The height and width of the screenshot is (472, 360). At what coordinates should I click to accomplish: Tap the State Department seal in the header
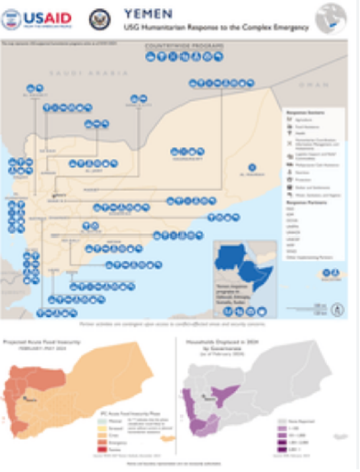click(x=100, y=19)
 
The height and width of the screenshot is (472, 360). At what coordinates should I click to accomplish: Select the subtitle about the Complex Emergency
click(x=215, y=28)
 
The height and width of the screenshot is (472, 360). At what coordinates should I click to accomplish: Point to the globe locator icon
click(x=331, y=18)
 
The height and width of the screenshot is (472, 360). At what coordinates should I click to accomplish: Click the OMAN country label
click(x=318, y=86)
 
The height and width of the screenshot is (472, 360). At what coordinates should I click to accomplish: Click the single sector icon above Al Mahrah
click(x=253, y=167)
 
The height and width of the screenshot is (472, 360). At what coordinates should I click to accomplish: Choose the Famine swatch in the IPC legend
click(x=107, y=449)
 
